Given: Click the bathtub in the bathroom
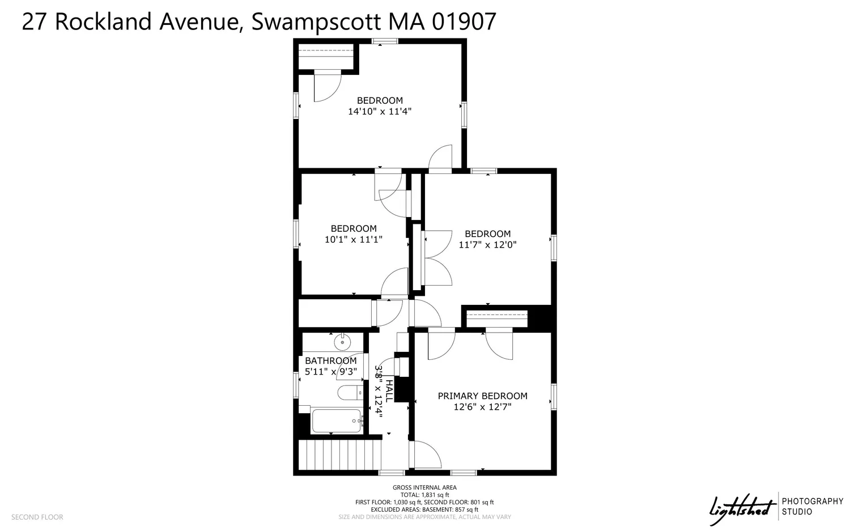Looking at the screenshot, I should (336, 421).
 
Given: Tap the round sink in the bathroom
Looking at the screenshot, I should (342, 342).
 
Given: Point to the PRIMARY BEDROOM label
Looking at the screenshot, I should (482, 396).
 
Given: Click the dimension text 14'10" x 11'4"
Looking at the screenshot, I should (379, 112).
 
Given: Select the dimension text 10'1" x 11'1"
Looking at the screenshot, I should (353, 240).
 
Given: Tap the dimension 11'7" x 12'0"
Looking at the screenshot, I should (487, 245).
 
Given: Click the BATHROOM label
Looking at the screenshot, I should (330, 360).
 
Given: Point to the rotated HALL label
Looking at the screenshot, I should (389, 392).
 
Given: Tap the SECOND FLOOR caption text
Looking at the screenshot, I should (37, 517).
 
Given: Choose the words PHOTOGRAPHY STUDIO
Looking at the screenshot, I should (812, 506).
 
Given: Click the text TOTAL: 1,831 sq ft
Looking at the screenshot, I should (424, 495).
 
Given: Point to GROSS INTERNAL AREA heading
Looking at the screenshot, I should (424, 487).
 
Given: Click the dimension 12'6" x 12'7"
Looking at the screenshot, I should (482, 407).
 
